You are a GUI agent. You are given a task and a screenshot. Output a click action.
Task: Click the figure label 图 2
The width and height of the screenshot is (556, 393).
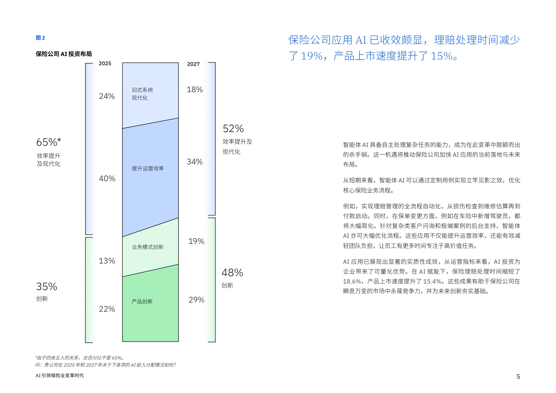[40, 38]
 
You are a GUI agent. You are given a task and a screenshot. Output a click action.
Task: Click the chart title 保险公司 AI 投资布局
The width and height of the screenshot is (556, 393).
[64, 54]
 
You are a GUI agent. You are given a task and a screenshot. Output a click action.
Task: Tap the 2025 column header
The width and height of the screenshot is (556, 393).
[105, 64]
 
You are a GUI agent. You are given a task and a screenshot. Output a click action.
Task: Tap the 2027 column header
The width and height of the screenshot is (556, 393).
[193, 64]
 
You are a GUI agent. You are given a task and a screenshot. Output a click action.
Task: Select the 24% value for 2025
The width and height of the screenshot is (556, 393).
[107, 96]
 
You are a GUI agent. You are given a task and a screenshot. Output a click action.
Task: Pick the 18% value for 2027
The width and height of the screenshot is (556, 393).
[195, 90]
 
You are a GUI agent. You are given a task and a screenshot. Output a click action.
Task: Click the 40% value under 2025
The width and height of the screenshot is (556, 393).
[107, 179]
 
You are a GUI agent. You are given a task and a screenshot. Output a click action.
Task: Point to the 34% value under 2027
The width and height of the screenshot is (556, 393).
[195, 162]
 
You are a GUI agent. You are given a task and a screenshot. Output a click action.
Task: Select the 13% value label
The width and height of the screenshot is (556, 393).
[107, 261]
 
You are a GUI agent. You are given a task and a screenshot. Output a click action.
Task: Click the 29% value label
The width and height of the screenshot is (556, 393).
[197, 300]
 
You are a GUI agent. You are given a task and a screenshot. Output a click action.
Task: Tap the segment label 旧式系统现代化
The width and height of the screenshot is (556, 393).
[142, 94]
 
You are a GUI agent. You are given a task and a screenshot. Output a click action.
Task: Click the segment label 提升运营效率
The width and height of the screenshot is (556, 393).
[148, 168]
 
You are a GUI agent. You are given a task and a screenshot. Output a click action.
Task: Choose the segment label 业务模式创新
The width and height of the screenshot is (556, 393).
[148, 247]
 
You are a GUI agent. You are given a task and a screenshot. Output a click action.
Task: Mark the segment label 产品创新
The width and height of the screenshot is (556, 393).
[142, 301]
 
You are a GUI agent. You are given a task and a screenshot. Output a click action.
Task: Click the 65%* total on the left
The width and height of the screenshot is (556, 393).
[48, 142]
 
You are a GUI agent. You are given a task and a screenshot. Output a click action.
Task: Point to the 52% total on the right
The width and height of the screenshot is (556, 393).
[233, 129]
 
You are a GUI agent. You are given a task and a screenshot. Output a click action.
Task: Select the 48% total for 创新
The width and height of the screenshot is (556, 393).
[232, 273]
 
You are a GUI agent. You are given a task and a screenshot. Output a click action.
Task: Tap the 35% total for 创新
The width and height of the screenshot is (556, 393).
[47, 287]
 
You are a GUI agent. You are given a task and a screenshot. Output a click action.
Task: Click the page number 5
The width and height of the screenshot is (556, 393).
[518, 377]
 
